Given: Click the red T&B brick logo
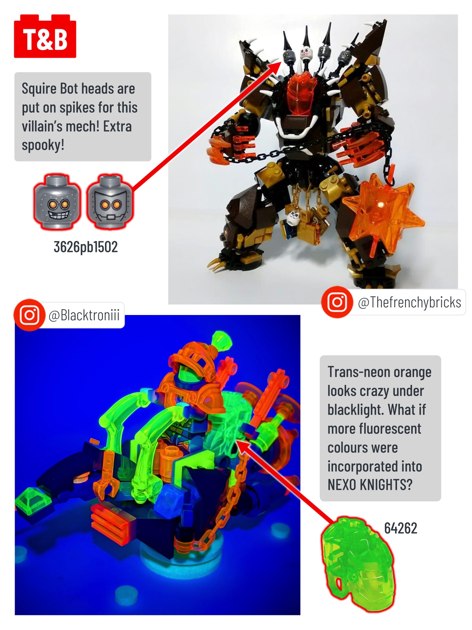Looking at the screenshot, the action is coord(45,36).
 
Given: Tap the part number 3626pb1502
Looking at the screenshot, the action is coord(86,247).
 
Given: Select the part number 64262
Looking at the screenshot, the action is coord(401,528).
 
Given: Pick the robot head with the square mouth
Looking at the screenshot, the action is coord(110,201).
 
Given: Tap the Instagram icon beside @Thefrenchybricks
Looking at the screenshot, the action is coord(337,302).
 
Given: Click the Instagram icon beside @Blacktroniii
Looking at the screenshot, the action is coord(29,315).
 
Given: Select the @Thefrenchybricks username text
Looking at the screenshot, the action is coord(409,302).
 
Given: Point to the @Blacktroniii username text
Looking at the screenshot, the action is coord(84,315).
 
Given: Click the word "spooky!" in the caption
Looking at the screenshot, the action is coord(43,145).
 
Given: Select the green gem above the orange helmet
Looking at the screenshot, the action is coord(222,340).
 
